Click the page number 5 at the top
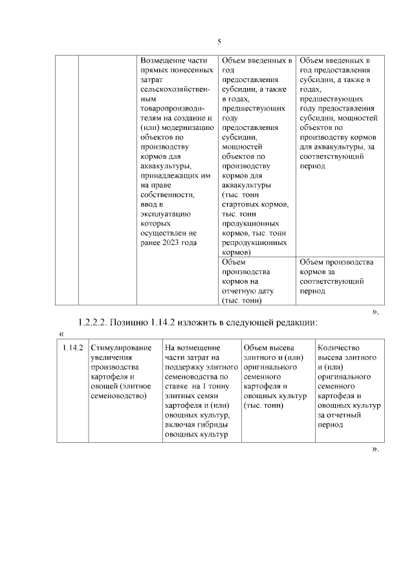point(219,41)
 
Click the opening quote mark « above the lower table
point(61,334)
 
